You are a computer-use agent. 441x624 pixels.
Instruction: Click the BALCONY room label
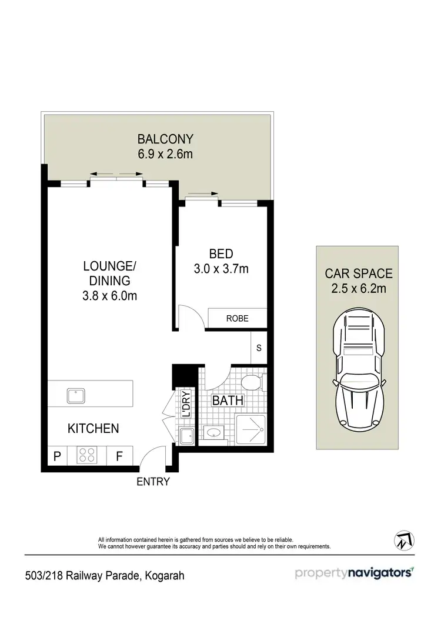[165, 139]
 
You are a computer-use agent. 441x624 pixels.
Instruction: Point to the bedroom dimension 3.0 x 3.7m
[221, 269]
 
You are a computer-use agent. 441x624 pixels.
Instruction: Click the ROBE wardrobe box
[238, 318]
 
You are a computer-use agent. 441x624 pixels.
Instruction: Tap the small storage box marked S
[259, 347]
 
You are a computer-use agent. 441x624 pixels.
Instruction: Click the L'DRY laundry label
[185, 405]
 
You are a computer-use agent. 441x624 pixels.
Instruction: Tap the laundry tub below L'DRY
[186, 436]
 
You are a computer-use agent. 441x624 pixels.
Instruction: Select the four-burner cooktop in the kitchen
[87, 455]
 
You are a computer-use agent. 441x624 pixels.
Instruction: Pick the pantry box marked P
[57, 455]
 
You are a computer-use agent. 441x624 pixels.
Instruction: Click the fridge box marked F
[118, 455]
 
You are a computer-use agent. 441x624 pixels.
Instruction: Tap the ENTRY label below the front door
[153, 482]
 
